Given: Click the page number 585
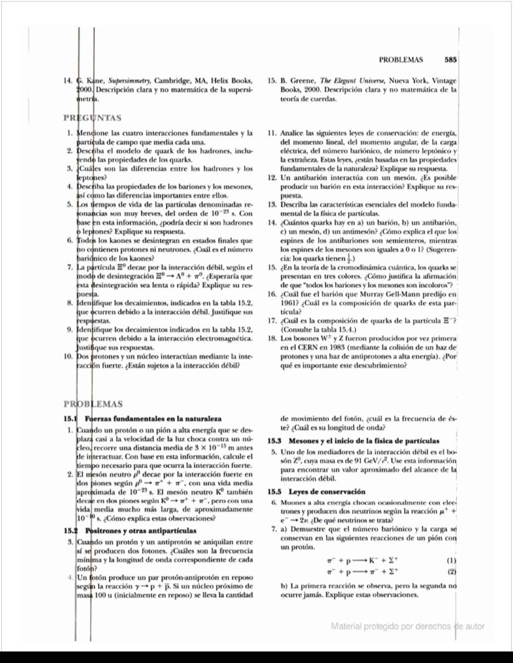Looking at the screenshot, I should coord(451,61).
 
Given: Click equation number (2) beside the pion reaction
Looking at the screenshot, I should coord(452,571).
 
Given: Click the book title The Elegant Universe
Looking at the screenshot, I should coord(348,81).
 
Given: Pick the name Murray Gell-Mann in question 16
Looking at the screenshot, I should coord(406,294).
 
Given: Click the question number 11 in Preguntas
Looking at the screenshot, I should coord(271,133).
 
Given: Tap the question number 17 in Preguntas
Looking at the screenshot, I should coord(271,322).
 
